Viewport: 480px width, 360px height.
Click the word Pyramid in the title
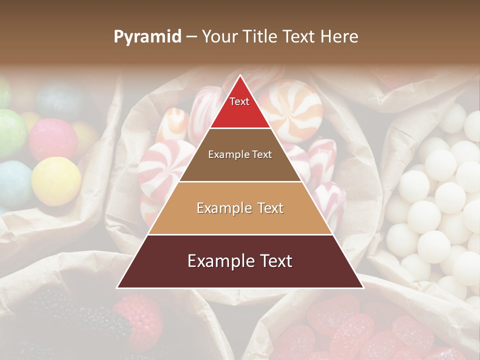[147, 37]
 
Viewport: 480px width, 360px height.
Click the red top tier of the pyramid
[240, 107]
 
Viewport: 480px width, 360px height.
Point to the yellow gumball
[56, 181]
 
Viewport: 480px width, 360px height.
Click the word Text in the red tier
[239, 101]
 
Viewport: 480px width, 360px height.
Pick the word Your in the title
[218, 37]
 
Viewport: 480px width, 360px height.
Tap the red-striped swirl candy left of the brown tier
[162, 165]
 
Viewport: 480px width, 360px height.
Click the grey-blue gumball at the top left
[59, 100]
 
